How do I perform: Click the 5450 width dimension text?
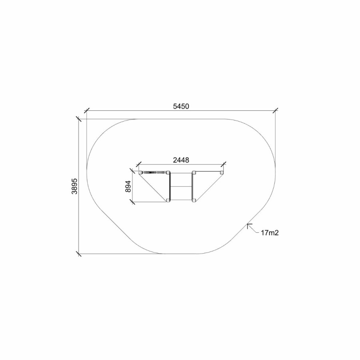click(181, 106)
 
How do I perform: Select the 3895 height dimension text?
click(75, 186)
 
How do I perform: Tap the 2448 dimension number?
click(181, 160)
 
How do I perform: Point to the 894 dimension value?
click(128, 186)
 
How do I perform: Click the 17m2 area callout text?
click(270, 233)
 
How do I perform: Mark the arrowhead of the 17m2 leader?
click(248, 224)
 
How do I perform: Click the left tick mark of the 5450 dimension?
click(86, 110)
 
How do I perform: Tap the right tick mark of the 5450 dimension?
click(276, 110)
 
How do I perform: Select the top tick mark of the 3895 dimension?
click(78, 119)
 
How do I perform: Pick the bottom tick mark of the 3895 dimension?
click(78, 254)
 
